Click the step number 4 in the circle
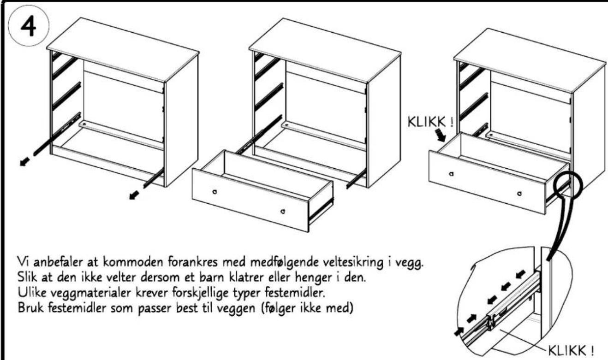click(x=28, y=26)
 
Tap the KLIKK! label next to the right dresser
click(x=430, y=122)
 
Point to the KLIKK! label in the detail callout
click(x=571, y=351)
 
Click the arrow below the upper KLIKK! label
click(x=440, y=136)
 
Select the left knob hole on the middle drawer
click(x=215, y=192)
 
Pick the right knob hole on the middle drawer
click(x=283, y=211)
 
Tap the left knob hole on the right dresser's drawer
click(x=451, y=174)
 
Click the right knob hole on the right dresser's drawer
click(x=519, y=194)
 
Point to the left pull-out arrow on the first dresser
click(x=25, y=161)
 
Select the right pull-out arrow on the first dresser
click(x=134, y=195)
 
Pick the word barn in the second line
click(x=212, y=277)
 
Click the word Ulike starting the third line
click(x=31, y=292)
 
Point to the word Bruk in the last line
click(x=30, y=308)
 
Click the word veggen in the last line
click(x=236, y=309)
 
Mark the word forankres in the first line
click(x=193, y=262)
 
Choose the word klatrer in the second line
click(x=246, y=277)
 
